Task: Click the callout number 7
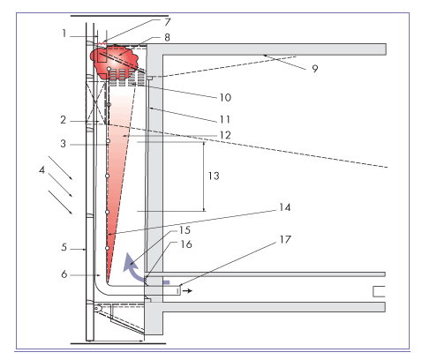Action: tap(168, 22)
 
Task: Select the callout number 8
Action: tap(167, 37)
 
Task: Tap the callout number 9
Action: tap(315, 69)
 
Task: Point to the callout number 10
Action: tap(225, 97)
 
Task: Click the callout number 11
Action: tap(225, 119)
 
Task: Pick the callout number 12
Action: tap(225, 135)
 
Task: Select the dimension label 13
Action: tap(214, 176)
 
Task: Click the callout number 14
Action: tap(285, 207)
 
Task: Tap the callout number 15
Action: tap(185, 230)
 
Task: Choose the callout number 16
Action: tap(186, 244)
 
